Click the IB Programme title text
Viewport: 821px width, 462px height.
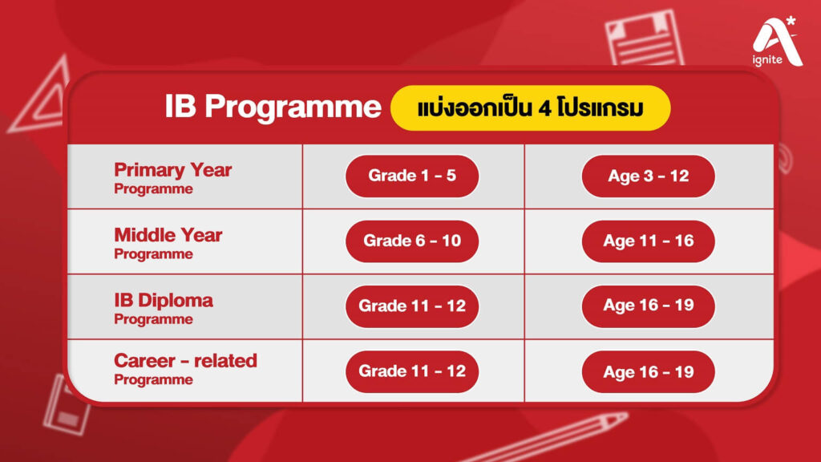coord(273,107)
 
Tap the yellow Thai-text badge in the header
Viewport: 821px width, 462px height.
coord(530,108)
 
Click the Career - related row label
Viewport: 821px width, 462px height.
coord(185,368)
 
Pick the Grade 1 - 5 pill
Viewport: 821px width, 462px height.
coord(412,176)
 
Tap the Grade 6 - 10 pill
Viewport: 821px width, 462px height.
coord(412,241)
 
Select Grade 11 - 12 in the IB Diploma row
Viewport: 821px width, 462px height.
coord(412,306)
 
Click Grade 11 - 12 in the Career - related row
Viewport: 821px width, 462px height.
coord(412,371)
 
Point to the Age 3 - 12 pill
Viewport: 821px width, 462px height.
coord(648,176)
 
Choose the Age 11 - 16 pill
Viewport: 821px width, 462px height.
coord(648,241)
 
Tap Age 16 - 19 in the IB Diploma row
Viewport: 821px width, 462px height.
coord(648,306)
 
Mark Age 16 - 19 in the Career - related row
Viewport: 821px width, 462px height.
coord(648,372)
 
